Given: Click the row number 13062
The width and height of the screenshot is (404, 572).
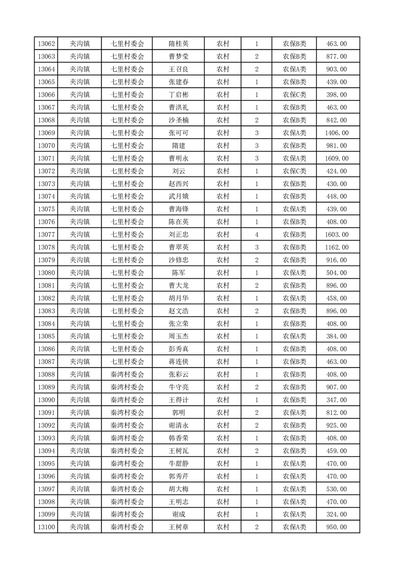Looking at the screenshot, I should click(x=46, y=44).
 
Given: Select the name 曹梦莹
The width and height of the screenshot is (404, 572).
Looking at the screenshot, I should click(x=178, y=57).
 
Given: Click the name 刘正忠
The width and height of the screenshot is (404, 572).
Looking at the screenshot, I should click(x=178, y=235).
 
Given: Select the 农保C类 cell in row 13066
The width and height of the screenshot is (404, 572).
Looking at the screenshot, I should click(x=294, y=95).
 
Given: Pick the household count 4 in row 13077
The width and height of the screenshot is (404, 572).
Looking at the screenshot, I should click(x=256, y=235).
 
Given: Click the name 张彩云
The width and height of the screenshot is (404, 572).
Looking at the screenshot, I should click(x=178, y=375).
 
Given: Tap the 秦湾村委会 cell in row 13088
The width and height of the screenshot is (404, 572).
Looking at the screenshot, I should click(x=127, y=375).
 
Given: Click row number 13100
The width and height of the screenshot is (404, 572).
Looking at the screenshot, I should click(x=46, y=527).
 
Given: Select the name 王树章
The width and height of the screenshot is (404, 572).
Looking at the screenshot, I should click(x=178, y=527).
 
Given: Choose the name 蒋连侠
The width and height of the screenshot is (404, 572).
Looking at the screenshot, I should click(x=178, y=362).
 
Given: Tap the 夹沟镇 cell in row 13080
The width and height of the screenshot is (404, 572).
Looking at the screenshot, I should click(x=79, y=273).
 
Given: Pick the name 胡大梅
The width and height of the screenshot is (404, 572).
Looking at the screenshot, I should click(x=178, y=489).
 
